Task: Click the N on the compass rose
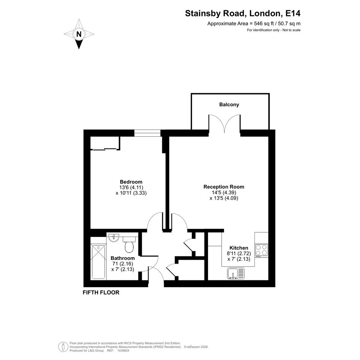79,34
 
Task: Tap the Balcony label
229,105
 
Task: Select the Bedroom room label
131,182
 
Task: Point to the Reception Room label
224,187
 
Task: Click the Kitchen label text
239,248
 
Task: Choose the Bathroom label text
123,258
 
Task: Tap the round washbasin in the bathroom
114,238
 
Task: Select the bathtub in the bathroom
98,262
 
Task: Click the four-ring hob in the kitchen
261,250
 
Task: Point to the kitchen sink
236,274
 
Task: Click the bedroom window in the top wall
147,133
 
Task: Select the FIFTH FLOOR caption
101,293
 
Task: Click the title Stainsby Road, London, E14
243,14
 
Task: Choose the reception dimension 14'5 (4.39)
224,193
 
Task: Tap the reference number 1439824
124,350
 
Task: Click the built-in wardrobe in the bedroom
105,144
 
